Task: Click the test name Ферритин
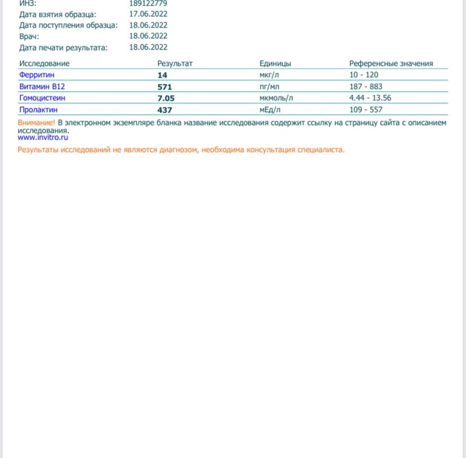tap(37, 75)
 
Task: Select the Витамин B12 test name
tap(42, 87)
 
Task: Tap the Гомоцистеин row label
tap(42, 98)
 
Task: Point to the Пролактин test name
tap(38, 110)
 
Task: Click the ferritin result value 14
tap(162, 75)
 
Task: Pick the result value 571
tap(165, 87)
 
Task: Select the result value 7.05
tap(166, 98)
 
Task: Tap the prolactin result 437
tap(165, 110)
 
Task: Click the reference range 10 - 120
tap(363, 75)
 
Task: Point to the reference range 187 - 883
tap(366, 87)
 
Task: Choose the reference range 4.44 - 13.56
tap(370, 98)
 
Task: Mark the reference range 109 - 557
tap(366, 110)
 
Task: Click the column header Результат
tap(175, 64)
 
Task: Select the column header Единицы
tap(275, 64)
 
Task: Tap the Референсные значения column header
tap(391, 64)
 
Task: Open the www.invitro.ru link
tap(43, 137)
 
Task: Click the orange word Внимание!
tap(37, 122)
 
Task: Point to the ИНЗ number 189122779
tap(148, 3)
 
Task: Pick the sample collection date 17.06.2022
tap(148, 14)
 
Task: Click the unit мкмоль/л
tap(272, 98)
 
